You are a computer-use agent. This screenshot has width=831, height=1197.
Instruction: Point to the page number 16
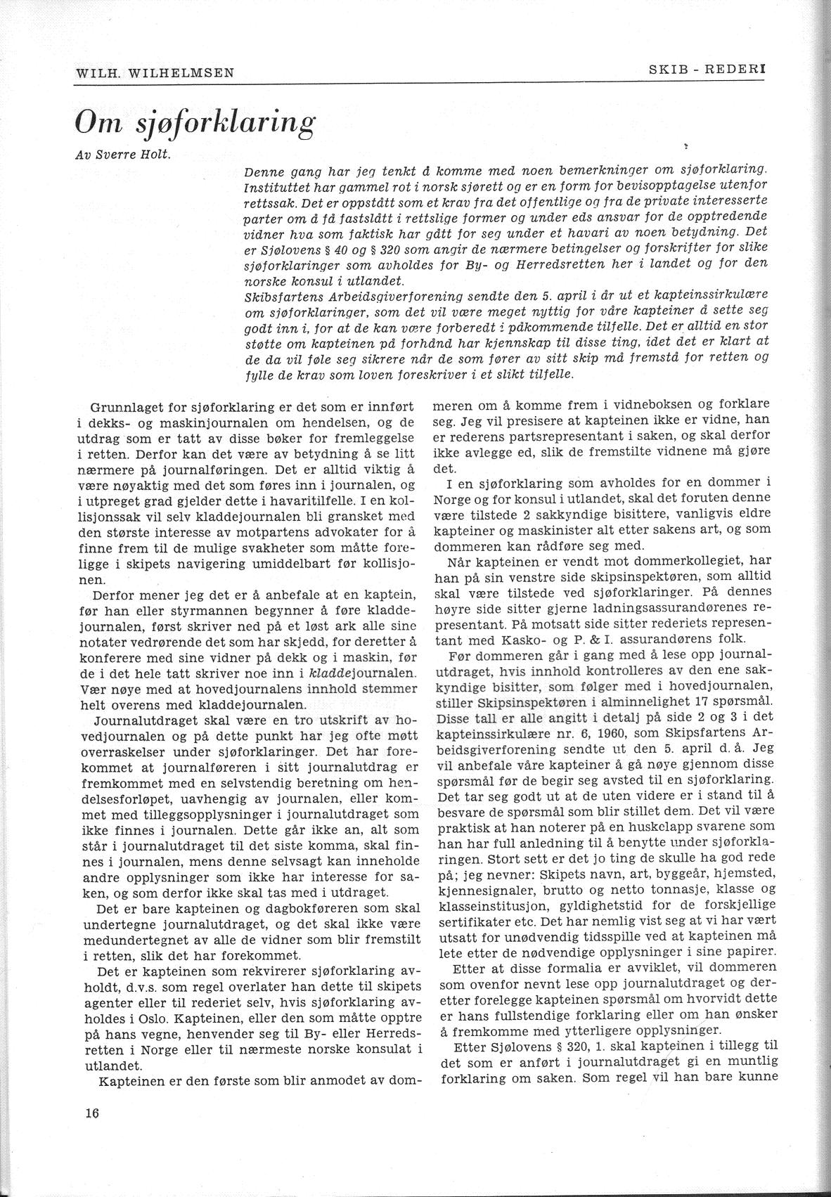(x=91, y=1113)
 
